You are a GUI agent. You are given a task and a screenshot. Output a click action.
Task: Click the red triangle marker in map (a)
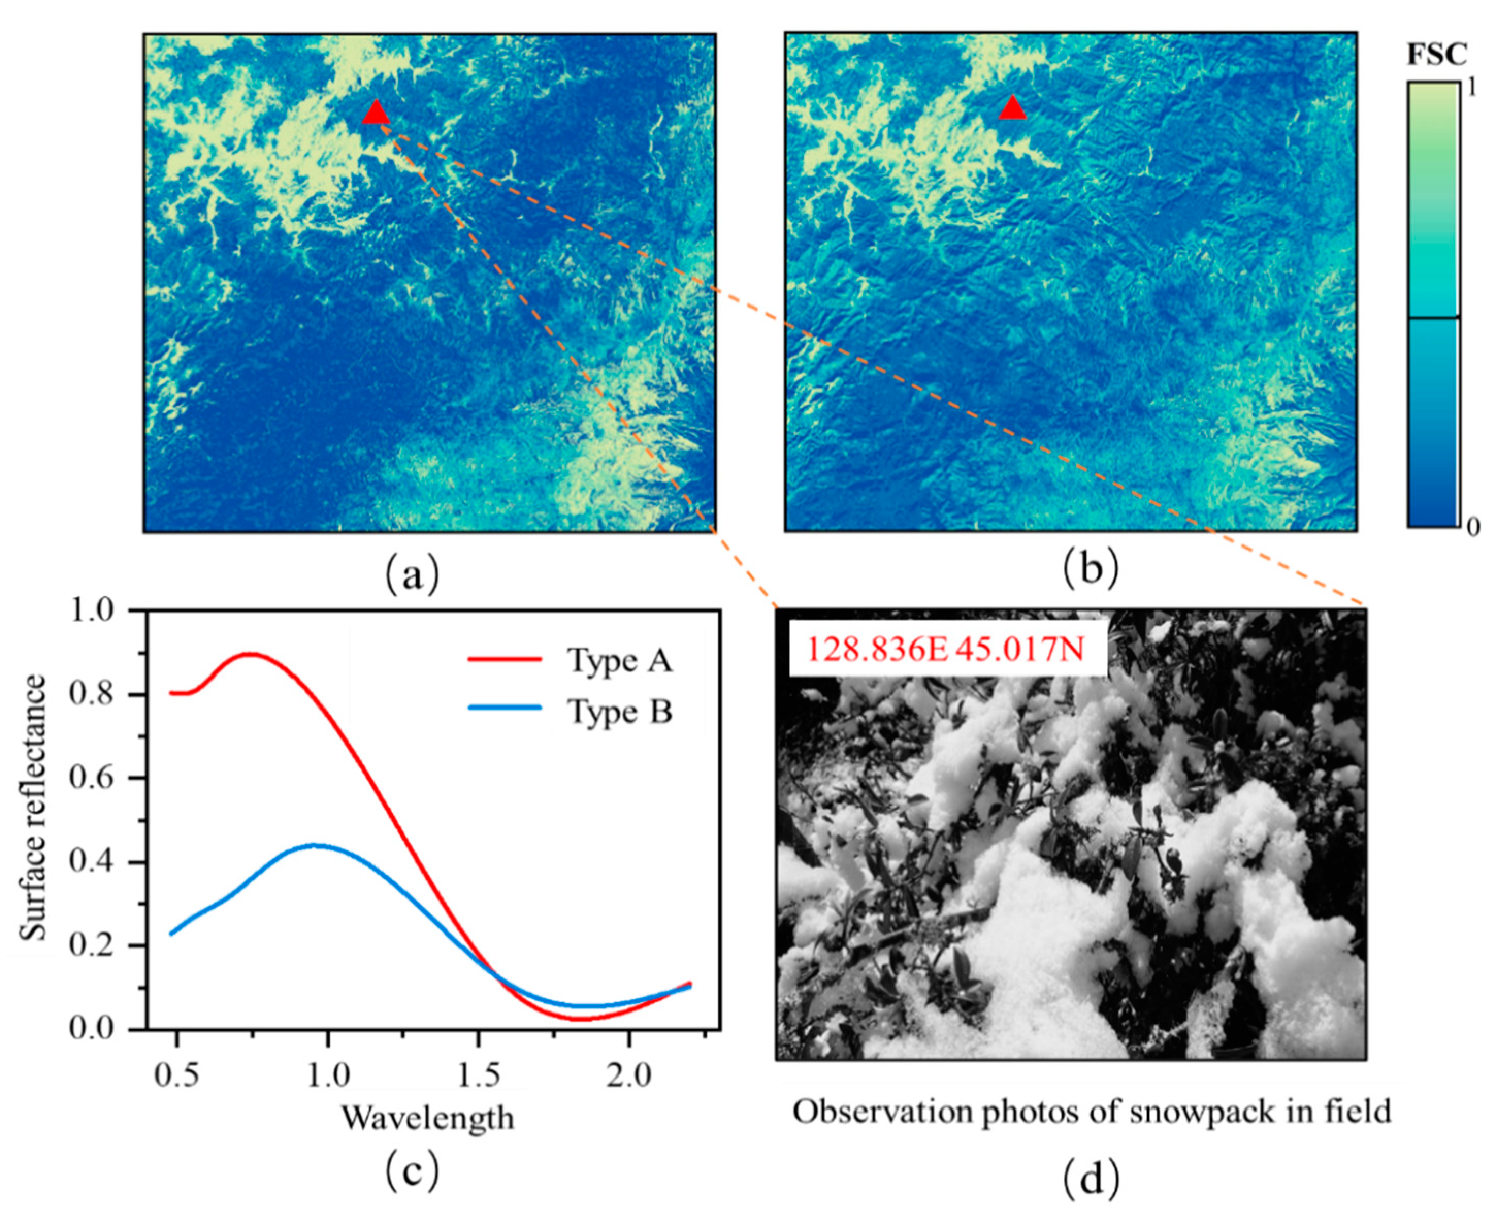tap(376, 113)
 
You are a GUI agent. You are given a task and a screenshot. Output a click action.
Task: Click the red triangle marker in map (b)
tap(1012, 108)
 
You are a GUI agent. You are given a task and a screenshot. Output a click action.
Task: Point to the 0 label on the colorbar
tap(1473, 527)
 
